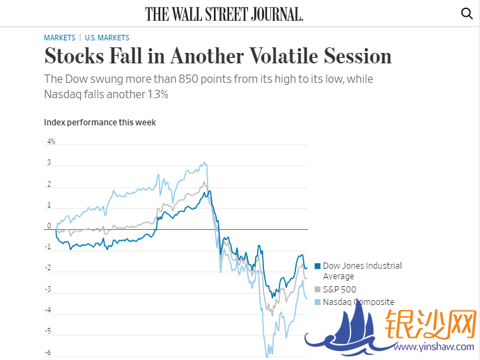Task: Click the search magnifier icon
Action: tap(467, 13)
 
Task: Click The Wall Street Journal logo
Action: tap(224, 14)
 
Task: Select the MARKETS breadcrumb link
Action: tap(59, 38)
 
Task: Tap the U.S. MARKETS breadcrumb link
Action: tap(107, 38)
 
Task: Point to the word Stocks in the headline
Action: tap(75, 56)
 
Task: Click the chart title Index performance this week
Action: tap(100, 123)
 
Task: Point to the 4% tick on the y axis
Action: tap(51, 141)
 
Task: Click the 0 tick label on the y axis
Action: tap(49, 226)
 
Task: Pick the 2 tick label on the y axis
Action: tap(49, 185)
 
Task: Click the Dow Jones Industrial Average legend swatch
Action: tap(318, 266)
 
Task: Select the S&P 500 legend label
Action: tap(340, 289)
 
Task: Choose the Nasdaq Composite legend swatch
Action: tap(318, 302)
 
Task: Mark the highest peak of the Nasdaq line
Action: tap(204, 163)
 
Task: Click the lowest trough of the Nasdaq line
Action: tap(267, 356)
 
